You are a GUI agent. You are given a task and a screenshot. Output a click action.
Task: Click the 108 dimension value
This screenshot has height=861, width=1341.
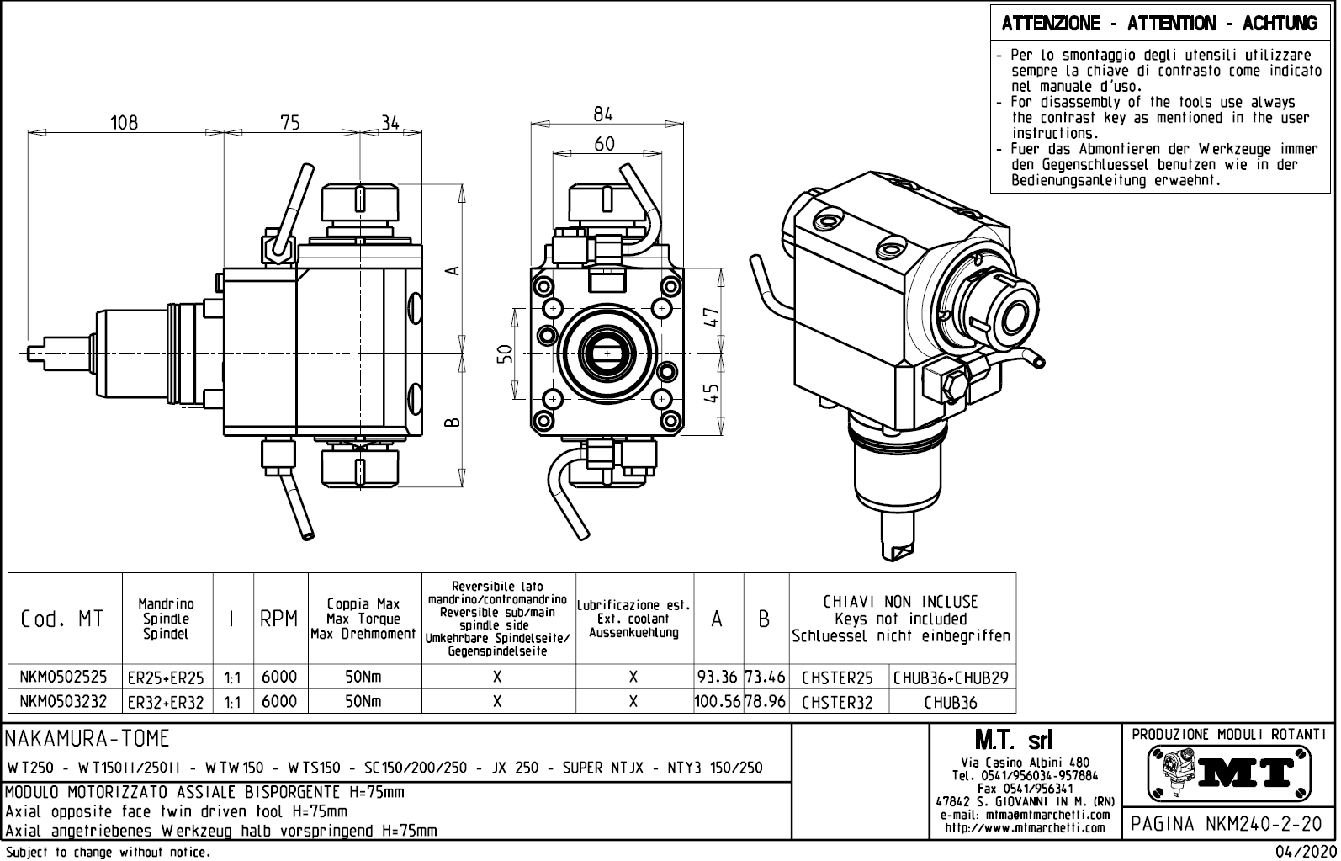click(x=125, y=122)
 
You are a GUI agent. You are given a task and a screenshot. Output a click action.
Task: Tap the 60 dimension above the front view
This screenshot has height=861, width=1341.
click(x=604, y=144)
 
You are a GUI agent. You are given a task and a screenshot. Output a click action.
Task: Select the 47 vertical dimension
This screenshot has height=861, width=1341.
click(x=712, y=316)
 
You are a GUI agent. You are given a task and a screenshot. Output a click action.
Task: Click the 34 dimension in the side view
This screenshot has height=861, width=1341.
click(x=390, y=122)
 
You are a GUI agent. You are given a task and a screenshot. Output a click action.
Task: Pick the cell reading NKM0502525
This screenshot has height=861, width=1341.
click(x=64, y=677)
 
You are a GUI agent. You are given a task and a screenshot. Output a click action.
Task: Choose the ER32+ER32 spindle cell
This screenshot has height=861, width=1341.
click(x=166, y=702)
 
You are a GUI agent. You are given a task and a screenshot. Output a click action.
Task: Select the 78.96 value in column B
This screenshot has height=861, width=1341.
click(x=765, y=701)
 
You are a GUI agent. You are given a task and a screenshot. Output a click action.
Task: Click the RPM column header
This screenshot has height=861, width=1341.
click(x=278, y=619)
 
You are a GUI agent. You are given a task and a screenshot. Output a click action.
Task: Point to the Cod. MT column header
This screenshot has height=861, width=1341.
click(x=62, y=619)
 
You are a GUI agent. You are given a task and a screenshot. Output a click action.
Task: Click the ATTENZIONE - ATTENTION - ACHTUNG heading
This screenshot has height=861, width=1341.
click(x=1159, y=24)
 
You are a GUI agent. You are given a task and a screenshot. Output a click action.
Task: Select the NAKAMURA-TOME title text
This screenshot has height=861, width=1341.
click(x=87, y=739)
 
